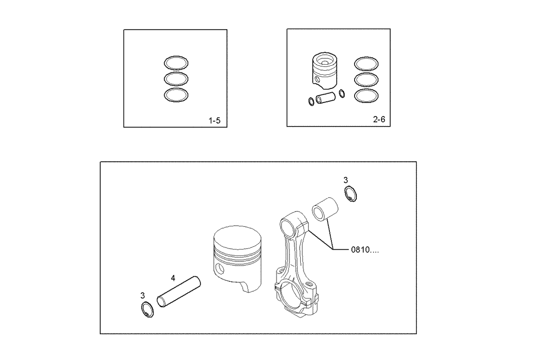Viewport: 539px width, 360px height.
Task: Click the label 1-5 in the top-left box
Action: point(214,121)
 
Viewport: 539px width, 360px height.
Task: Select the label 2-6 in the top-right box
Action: point(379,120)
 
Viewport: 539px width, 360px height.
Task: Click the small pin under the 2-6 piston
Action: point(326,99)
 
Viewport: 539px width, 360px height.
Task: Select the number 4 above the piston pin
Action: point(172,278)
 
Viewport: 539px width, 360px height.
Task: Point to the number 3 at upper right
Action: point(345,179)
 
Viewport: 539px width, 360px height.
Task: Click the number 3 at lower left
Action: point(142,295)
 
